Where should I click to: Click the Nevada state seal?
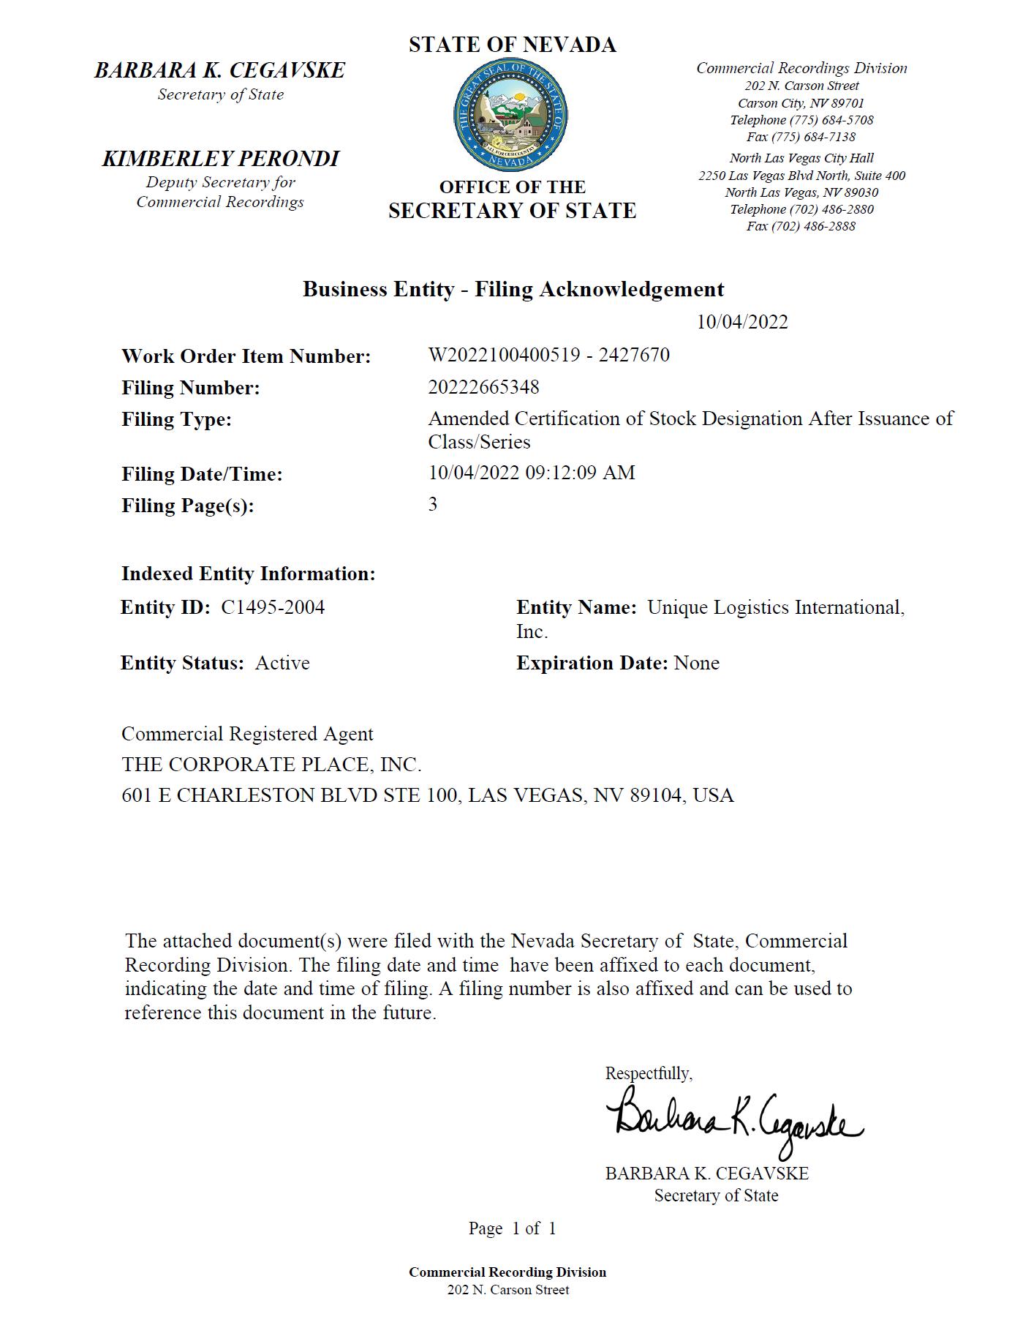click(x=511, y=116)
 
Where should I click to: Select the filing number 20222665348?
click(x=483, y=387)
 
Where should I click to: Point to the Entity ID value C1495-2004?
click(x=273, y=607)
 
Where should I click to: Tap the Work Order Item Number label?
click(x=246, y=356)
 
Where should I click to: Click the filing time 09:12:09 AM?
click(x=580, y=473)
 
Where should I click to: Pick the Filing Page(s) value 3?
click(x=433, y=504)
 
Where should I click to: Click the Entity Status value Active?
click(x=282, y=663)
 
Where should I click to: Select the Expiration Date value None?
click(x=696, y=663)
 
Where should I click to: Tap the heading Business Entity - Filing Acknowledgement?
click(x=513, y=289)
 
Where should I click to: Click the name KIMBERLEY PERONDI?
click(x=220, y=158)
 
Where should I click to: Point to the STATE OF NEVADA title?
click(x=512, y=45)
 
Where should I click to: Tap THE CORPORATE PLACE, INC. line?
click(x=271, y=765)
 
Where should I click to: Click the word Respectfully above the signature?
click(x=648, y=1073)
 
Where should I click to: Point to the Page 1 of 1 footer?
click(x=512, y=1228)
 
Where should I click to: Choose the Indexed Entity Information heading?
click(x=248, y=574)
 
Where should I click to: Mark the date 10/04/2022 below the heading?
click(x=741, y=322)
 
